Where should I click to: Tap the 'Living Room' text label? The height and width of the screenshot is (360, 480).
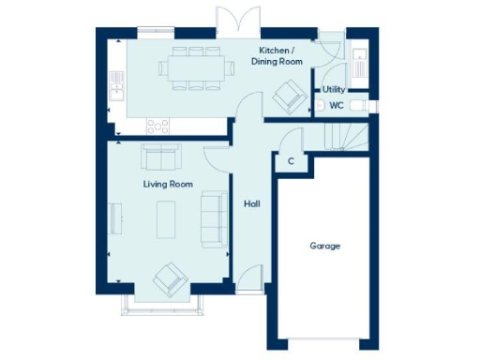[x=167, y=185]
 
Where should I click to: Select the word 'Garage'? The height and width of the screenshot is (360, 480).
[x=325, y=247]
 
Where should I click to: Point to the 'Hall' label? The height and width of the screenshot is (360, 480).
[x=252, y=203]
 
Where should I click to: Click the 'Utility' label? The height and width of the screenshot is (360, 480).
[x=334, y=90]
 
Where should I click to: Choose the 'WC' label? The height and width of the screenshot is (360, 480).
[x=336, y=106]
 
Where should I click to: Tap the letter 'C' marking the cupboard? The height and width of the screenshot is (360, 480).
[x=292, y=161]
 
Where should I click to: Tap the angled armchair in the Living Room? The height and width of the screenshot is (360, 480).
[x=170, y=277]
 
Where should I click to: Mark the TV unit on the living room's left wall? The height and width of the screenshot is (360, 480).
[x=115, y=218]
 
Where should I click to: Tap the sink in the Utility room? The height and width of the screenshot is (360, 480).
[x=361, y=63]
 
